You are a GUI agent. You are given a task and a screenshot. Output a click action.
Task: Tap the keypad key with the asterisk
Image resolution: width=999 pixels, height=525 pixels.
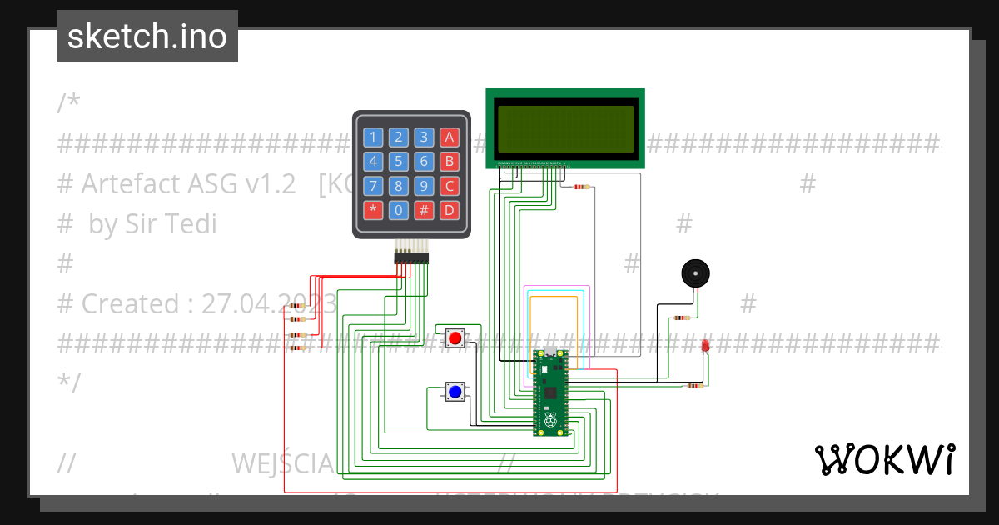tap(373, 210)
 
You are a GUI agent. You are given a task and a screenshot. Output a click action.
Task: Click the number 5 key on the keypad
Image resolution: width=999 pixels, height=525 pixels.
tap(399, 162)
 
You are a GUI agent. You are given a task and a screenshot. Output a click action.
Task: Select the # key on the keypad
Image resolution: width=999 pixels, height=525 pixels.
tap(425, 210)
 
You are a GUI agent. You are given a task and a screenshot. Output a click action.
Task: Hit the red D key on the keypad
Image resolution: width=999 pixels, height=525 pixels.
tap(450, 210)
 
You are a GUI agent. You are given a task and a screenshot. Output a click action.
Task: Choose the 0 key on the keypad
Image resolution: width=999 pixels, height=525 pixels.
tap(399, 210)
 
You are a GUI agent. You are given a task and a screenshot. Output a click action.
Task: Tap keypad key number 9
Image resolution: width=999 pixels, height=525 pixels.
tap(425, 186)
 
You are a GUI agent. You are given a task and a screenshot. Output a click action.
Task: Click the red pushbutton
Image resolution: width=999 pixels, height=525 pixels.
tap(455, 338)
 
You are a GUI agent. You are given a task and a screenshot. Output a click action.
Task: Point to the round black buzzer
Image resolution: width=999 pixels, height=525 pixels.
tap(695, 273)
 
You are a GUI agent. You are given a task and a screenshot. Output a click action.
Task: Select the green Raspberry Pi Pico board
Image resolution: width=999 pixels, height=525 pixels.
tap(549, 392)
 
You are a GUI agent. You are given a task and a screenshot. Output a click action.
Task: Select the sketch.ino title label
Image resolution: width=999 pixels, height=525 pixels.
tap(147, 37)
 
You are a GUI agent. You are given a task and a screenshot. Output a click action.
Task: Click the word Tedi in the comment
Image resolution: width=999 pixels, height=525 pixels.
tap(191, 224)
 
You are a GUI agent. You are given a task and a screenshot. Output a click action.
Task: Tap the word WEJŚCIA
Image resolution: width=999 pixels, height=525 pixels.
tap(282, 462)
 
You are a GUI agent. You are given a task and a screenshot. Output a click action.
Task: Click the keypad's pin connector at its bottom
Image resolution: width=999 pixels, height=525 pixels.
tap(411, 258)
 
